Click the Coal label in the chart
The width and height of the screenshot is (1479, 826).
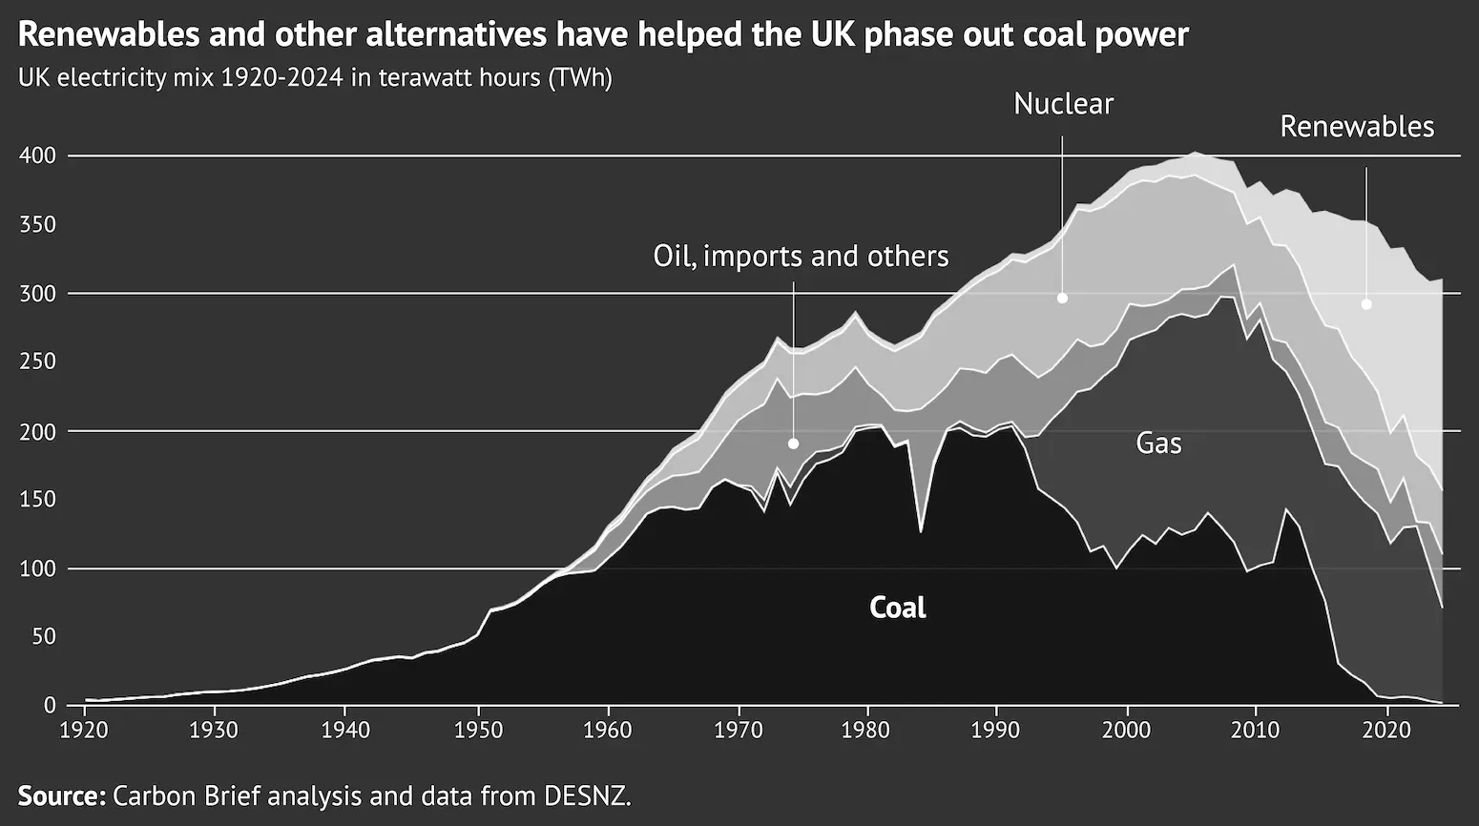pos(897,608)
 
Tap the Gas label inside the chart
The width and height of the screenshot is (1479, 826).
pos(1158,443)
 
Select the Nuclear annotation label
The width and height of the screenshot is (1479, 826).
pos(1063,104)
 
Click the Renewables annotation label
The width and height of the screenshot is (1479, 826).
pos(1356,127)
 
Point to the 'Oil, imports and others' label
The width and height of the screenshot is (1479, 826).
pos(801,256)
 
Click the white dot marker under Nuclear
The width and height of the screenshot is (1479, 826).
pos(1062,299)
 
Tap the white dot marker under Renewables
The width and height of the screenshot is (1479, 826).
pos(1366,304)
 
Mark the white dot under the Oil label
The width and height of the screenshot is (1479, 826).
pos(793,444)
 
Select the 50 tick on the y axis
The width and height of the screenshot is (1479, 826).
pos(44,637)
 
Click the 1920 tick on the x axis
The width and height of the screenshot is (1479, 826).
pos(84,730)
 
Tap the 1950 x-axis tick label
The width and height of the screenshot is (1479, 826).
pos(476,730)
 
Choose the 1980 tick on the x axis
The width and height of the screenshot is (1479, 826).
pos(866,730)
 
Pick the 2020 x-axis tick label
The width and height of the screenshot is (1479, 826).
pos(1387,730)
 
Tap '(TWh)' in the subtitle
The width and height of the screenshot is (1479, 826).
pos(579,77)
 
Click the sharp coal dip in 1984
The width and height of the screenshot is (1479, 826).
pos(920,530)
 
